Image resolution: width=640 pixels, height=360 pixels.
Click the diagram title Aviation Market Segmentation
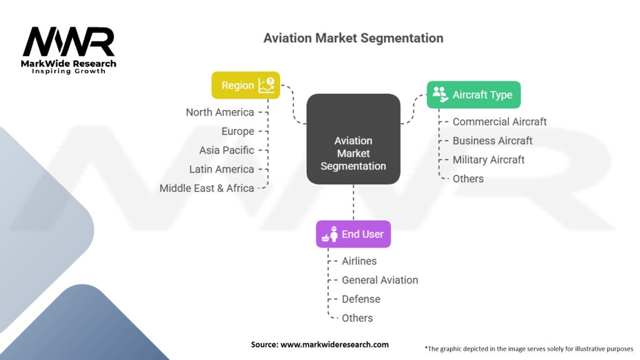tap(353, 38)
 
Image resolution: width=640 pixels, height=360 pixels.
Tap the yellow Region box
tap(246, 85)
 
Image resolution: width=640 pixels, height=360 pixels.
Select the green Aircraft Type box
tap(473, 95)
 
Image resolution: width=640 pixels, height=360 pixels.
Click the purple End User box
tap(353, 235)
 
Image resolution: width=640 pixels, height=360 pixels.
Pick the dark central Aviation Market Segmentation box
tap(353, 139)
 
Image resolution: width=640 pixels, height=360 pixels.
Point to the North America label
tap(220, 112)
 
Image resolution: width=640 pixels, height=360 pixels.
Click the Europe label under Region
tap(237, 131)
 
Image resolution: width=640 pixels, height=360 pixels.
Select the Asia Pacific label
tap(226, 150)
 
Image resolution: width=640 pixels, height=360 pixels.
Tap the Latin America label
tap(221, 169)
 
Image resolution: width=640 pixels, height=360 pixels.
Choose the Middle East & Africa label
tap(207, 188)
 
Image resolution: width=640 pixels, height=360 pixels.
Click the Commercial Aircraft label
tap(499, 122)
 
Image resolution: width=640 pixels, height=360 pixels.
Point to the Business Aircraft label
tap(492, 141)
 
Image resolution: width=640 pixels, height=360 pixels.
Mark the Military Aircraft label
tap(489, 160)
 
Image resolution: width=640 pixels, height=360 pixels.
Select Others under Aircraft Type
tap(468, 179)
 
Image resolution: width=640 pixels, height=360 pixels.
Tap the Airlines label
tap(359, 261)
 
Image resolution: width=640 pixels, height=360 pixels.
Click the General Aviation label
tap(380, 280)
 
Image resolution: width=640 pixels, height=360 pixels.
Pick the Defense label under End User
tap(361, 299)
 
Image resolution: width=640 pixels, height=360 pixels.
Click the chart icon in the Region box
tap(266, 85)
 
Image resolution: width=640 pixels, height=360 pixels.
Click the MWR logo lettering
tap(69, 42)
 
